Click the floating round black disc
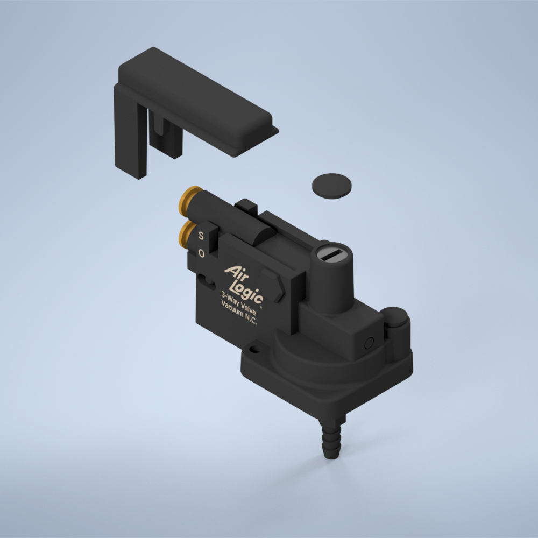coord(331,186)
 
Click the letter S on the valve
coord(201,236)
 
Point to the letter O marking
coord(201,253)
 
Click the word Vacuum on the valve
coord(232,309)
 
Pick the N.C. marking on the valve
coord(250,320)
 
